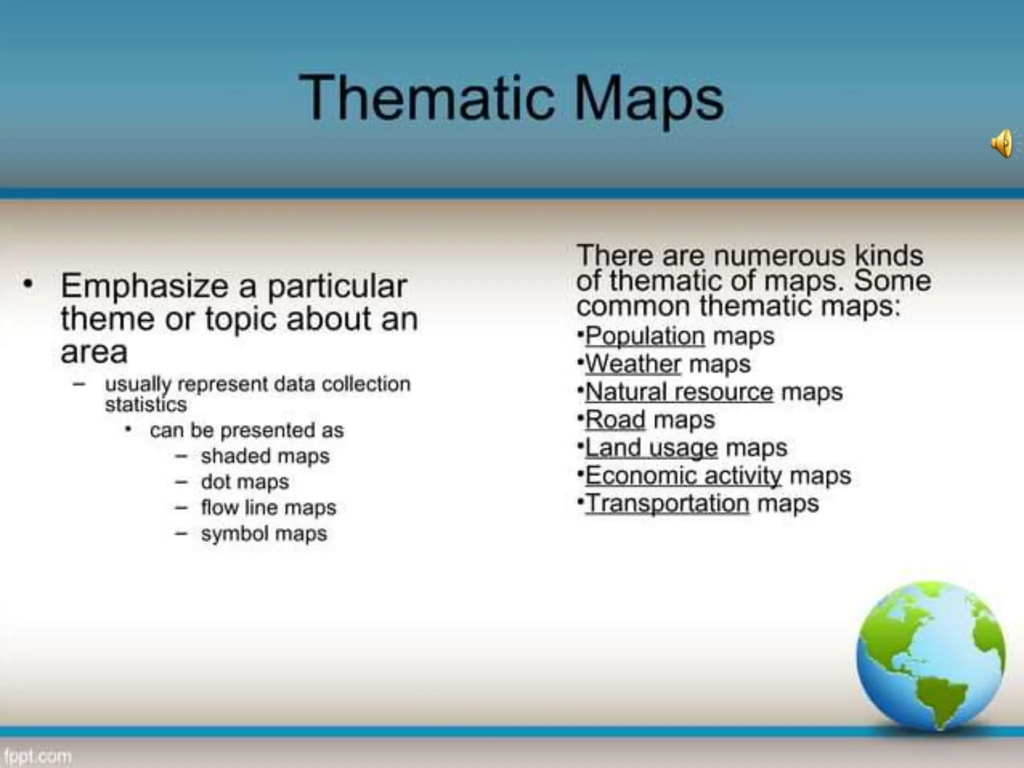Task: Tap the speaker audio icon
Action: pos(1002,143)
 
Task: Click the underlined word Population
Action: pos(645,336)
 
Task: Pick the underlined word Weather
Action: pos(633,364)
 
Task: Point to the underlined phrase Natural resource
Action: pos(679,391)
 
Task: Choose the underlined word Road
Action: pos(615,419)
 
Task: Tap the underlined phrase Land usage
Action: pos(651,447)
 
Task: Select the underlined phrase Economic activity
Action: pos(683,475)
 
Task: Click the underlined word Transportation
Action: pos(667,503)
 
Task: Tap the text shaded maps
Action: pos(265,456)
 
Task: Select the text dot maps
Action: pos(245,482)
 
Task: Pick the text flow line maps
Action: pos(268,508)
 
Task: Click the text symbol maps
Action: pos(264,534)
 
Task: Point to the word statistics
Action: pos(145,404)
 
